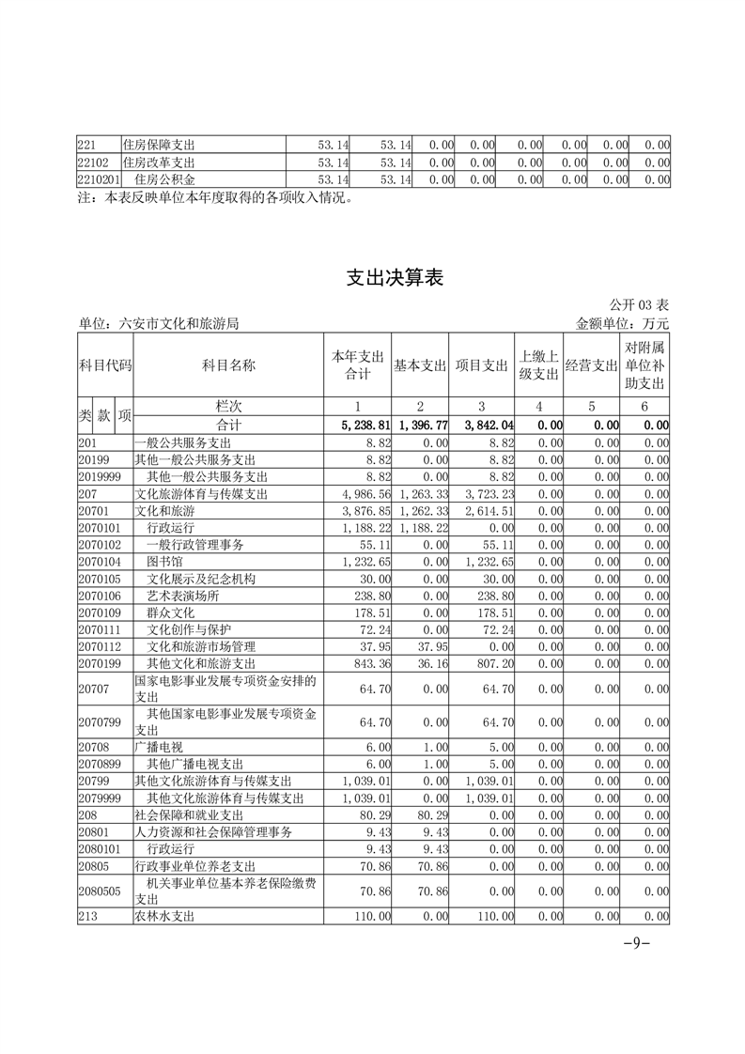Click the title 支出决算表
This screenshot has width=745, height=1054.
coord(395,278)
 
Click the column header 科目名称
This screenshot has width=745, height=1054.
coord(228,365)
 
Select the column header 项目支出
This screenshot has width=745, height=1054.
coord(481,365)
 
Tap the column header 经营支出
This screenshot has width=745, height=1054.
coord(591,365)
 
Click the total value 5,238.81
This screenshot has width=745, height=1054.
coord(356,425)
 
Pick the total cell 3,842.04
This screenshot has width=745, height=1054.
coord(484,425)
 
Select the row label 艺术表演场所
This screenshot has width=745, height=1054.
coord(183,596)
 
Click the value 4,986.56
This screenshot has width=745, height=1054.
coord(356,493)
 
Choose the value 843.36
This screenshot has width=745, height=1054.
coord(364,663)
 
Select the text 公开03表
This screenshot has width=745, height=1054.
coord(639,305)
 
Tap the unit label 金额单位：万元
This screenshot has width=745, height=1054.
coord(622,323)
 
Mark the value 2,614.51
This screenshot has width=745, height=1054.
coord(484,510)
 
